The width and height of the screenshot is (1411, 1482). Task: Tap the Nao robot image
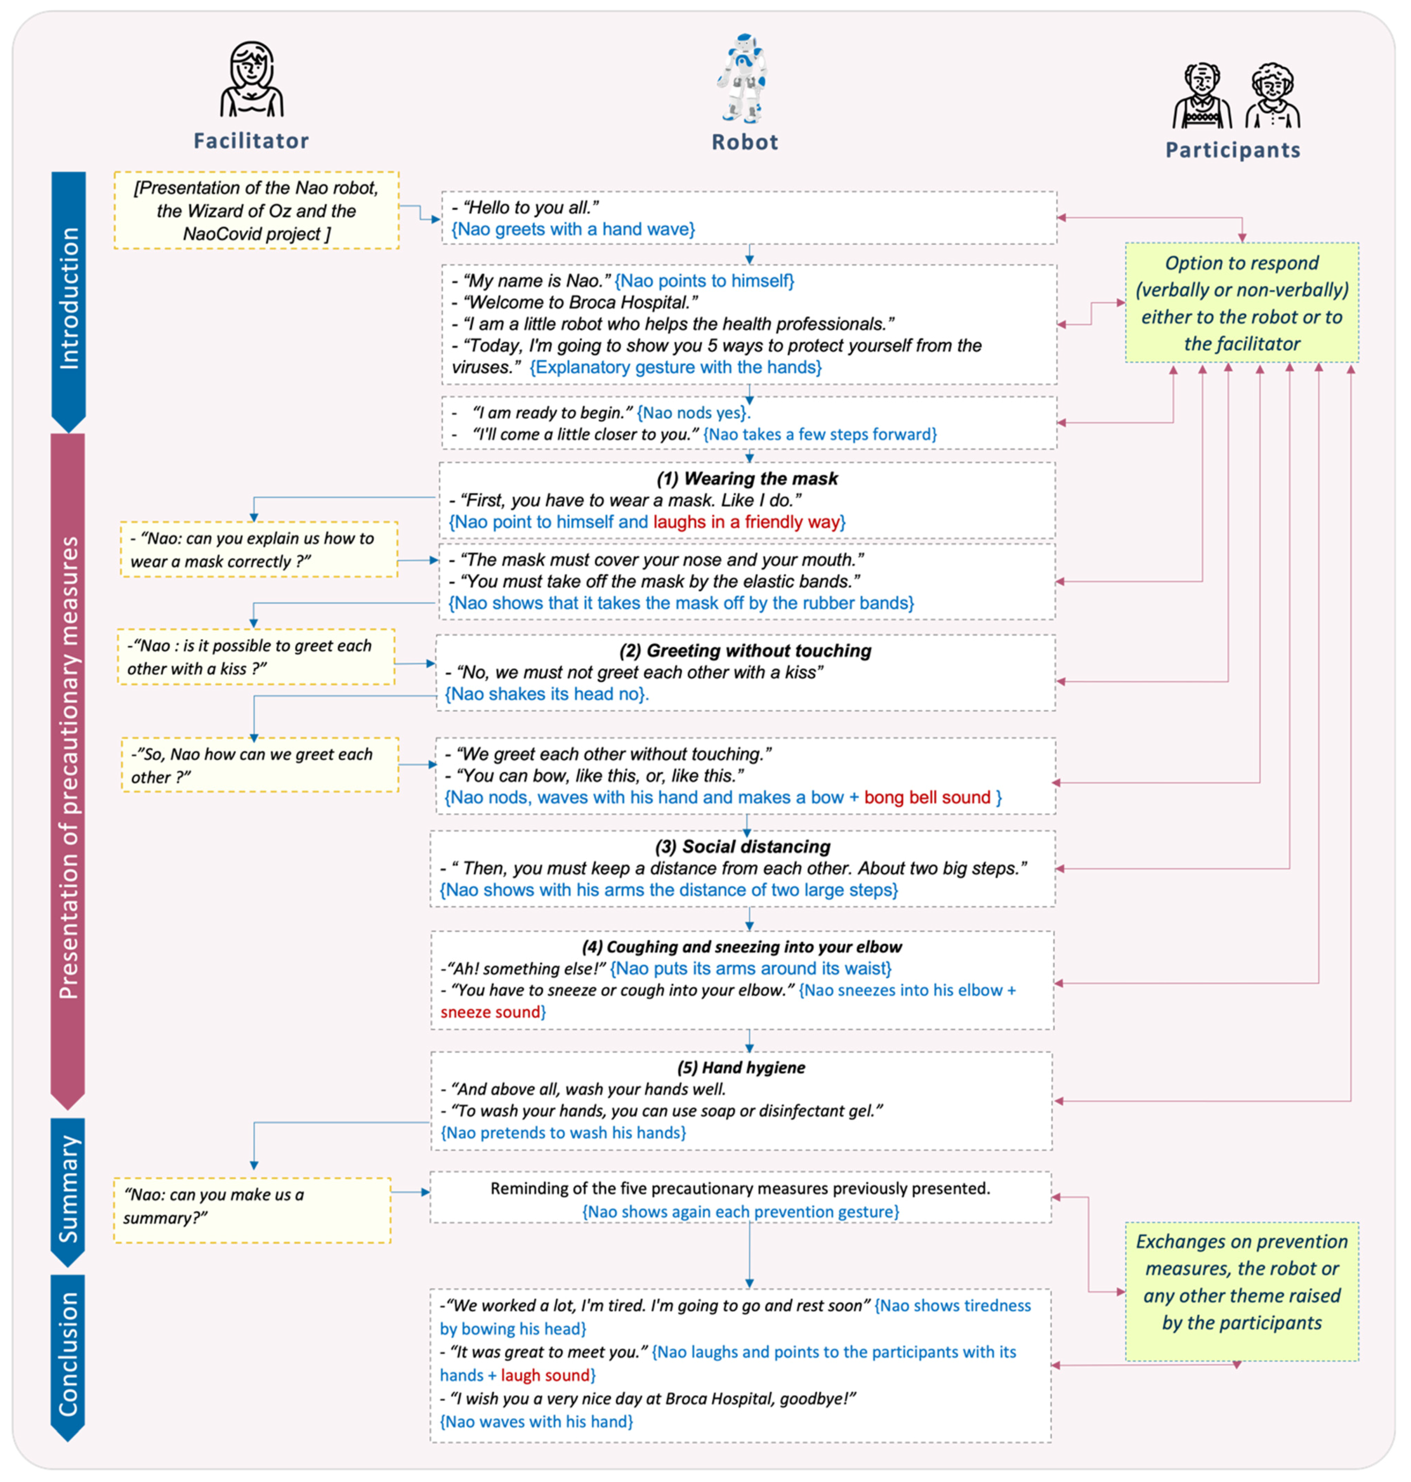pos(742,78)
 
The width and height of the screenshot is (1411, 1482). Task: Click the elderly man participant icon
pos(1202,96)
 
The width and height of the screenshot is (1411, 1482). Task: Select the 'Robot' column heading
pos(745,142)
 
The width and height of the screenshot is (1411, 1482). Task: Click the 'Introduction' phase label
pos(69,298)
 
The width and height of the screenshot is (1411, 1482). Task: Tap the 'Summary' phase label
pos(69,1189)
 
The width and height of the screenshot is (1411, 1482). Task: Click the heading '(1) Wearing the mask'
pos(747,479)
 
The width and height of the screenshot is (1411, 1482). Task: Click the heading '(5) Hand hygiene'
pos(741,1067)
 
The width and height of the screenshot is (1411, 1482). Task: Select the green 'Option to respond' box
pos(1242,303)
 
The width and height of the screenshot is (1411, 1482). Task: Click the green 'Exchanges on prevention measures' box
pos(1242,1292)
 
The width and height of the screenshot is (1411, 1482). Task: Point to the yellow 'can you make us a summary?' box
pos(252,1206)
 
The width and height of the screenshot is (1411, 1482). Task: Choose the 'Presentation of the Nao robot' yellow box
pos(256,211)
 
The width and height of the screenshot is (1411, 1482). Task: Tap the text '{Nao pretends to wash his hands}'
pos(563,1133)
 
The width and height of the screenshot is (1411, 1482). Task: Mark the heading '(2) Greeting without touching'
pos(745,651)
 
